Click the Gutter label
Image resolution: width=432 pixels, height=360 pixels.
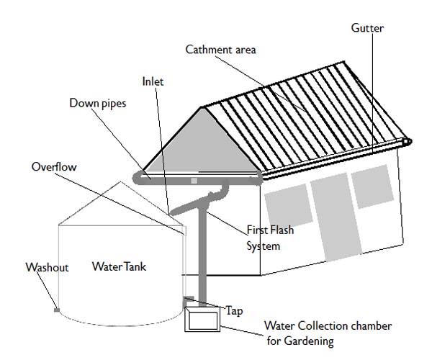coord(367,28)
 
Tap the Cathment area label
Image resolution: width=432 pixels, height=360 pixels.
coord(220,50)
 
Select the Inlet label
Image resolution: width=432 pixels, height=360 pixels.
coord(152,82)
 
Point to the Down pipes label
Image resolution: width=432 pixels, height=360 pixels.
coord(97,103)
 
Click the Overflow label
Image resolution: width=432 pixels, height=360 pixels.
coord(53,166)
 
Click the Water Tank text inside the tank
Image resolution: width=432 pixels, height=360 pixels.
coord(119,266)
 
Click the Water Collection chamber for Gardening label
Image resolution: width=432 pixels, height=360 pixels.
coord(328,333)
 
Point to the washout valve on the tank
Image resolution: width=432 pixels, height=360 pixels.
coord(56,310)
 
